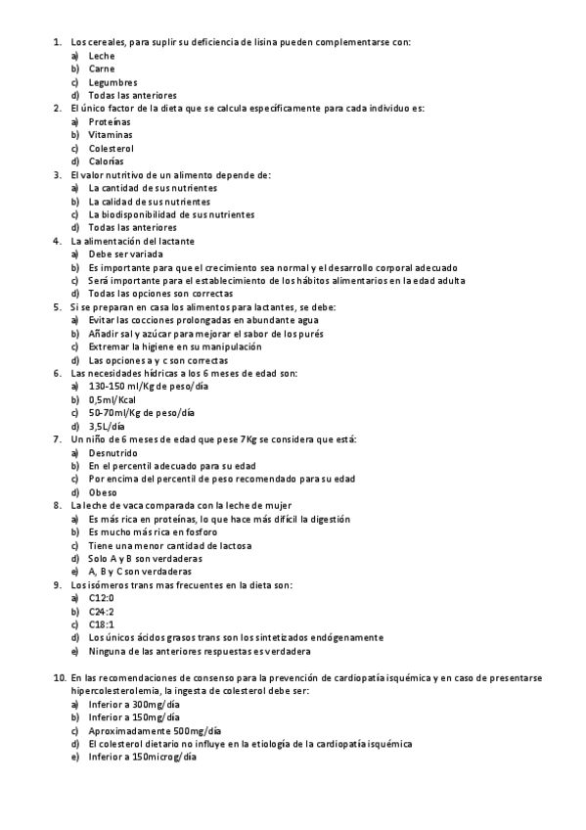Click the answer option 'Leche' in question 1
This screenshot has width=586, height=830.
coord(101,57)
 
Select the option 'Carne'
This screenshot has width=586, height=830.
coord(101,69)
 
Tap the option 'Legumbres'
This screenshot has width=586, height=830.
coord(113,83)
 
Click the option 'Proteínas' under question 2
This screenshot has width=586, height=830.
coord(110,121)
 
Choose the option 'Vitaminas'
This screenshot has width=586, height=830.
coord(110,135)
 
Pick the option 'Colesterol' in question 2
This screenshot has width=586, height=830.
coord(111,148)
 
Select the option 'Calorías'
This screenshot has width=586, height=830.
coord(107,161)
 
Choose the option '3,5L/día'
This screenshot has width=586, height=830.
coord(107,426)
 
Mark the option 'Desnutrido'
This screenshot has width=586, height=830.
coord(113,452)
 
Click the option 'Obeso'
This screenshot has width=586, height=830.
coord(103,492)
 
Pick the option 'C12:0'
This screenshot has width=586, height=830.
coord(102,597)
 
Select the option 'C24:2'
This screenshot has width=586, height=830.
coord(102,611)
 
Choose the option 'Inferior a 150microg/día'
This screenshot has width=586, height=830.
coord(142,758)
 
